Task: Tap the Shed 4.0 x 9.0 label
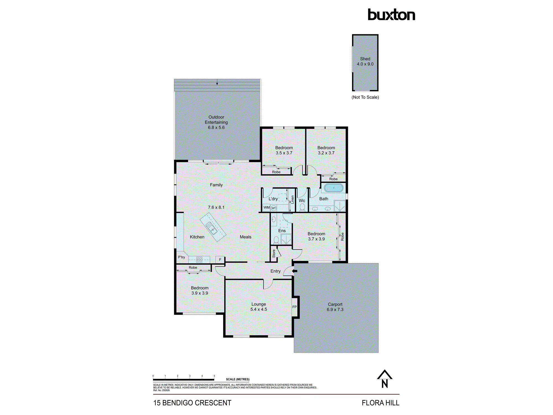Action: pos(365,61)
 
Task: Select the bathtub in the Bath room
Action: pos(333,188)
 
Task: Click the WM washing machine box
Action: pos(266,207)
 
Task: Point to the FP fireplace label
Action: pos(294,307)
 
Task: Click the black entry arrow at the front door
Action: pos(295,271)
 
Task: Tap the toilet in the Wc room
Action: pos(302,207)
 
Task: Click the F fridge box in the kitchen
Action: pos(220,260)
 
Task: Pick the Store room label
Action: pos(274,253)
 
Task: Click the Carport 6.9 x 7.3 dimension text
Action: pos(335,310)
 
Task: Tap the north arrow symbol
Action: pos(384,379)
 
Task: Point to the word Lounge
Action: pos(259,304)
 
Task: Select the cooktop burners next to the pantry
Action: pos(199,260)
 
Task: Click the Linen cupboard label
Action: pos(292,199)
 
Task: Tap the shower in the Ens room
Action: pos(286,239)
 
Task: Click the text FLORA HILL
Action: pos(380,403)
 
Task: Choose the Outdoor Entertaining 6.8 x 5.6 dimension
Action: pos(216,128)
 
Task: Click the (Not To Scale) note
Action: pos(365,97)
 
